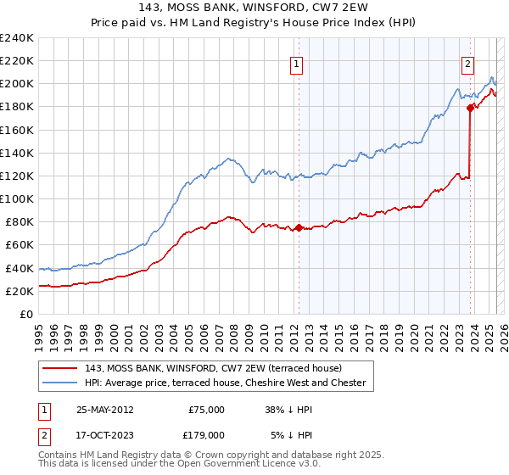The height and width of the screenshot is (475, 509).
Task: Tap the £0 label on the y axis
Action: (x=26, y=314)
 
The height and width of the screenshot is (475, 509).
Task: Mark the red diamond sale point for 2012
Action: (x=299, y=227)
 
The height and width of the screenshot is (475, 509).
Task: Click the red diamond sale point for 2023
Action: (x=470, y=108)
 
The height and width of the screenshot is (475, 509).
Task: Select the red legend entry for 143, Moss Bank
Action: (x=213, y=368)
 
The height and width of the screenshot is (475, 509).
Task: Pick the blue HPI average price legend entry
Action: (x=225, y=383)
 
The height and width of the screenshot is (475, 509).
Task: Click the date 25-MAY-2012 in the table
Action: (x=104, y=410)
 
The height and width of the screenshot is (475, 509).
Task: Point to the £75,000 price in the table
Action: (x=206, y=410)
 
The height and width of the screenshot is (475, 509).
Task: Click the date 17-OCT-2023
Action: (x=104, y=434)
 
